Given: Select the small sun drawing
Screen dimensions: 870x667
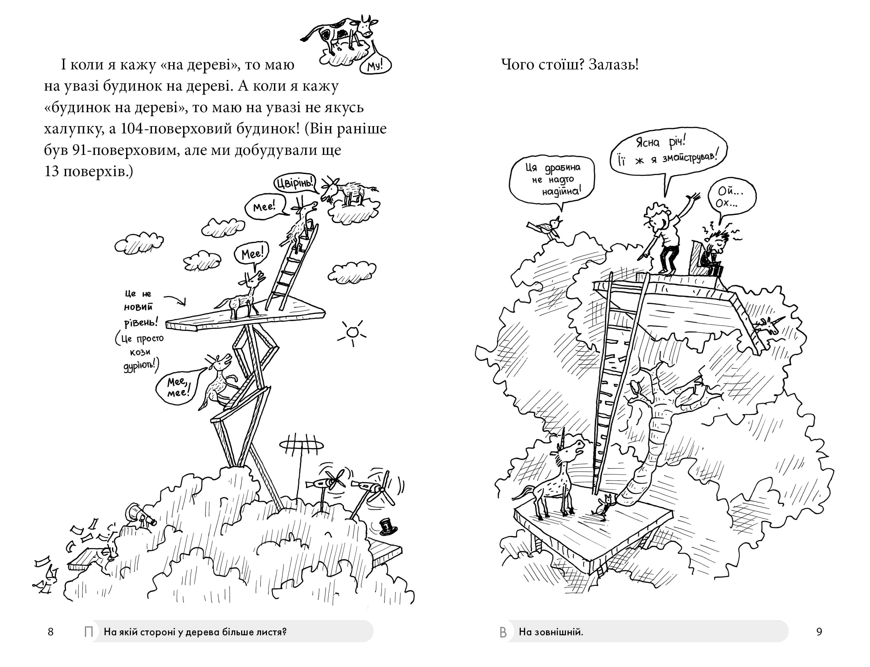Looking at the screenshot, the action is click(x=352, y=332).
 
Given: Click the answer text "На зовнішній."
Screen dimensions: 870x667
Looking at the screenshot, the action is click(x=551, y=632).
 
